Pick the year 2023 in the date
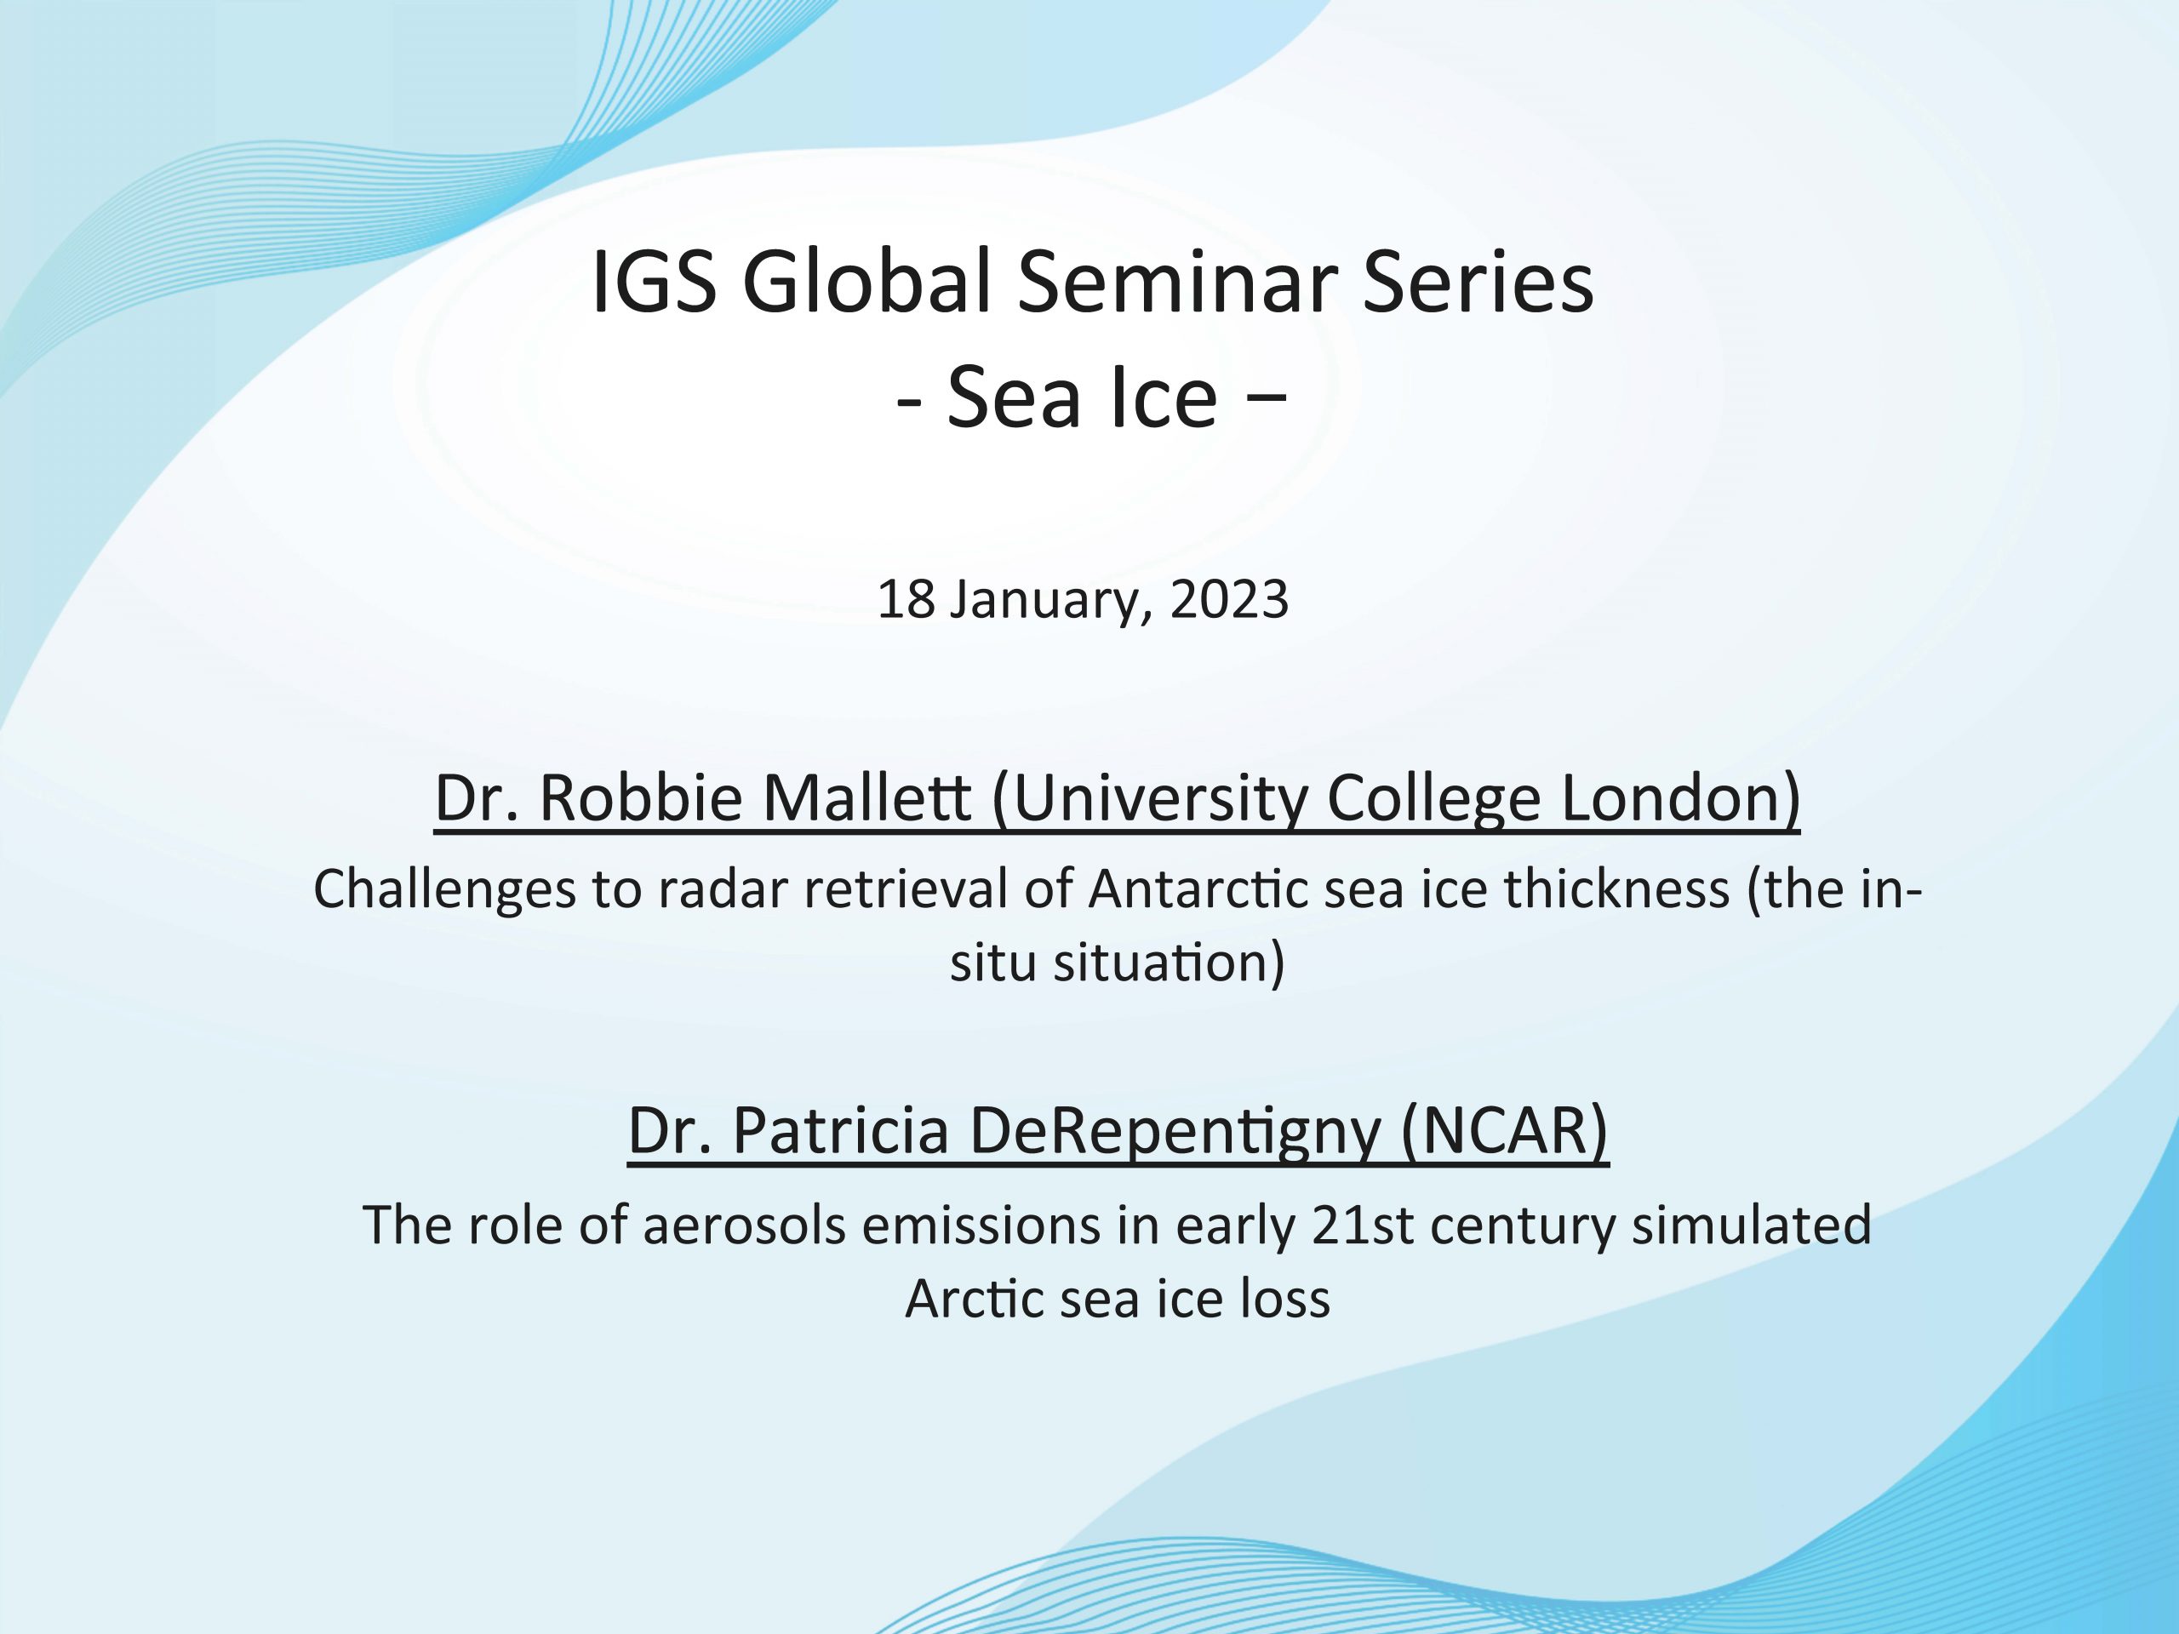(1229, 600)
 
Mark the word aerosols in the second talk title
(746, 1225)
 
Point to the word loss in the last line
(1285, 1298)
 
